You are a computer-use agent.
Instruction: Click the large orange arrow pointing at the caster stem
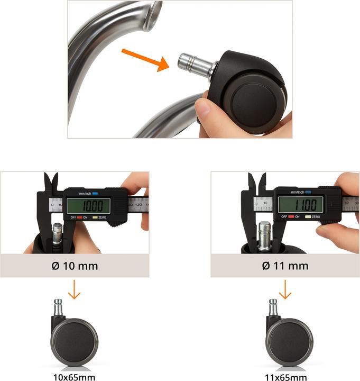tap(146, 60)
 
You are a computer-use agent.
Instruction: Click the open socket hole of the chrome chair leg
tap(154, 15)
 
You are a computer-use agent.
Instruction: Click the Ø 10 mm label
tap(75, 266)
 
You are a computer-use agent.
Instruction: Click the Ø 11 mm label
tap(285, 266)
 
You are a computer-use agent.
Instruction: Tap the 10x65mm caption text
tap(75, 377)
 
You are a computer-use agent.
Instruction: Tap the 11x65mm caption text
tap(285, 377)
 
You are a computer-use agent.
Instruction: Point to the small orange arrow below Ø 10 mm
tap(74, 289)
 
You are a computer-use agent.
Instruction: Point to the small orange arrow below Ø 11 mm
tap(285, 289)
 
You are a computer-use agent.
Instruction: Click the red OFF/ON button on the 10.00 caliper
tap(80, 217)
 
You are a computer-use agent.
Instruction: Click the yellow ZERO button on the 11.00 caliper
tap(308, 217)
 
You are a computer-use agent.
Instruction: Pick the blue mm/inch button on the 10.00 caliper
tap(95, 194)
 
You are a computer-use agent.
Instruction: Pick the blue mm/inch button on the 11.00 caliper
tap(308, 192)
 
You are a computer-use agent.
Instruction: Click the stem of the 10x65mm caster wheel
tap(58, 307)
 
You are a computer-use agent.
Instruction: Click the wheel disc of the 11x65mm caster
tap(290, 342)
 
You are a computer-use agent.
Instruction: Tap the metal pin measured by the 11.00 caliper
tap(264, 235)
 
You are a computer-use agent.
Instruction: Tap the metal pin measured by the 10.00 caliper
tap(57, 233)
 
